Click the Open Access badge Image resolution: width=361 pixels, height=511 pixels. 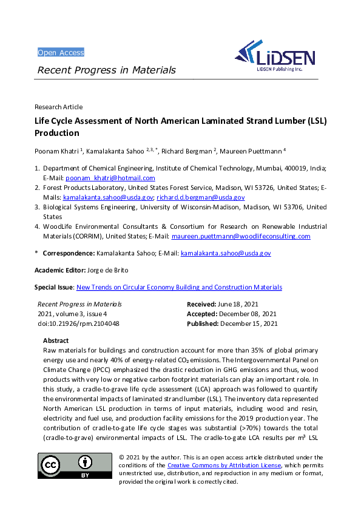tap(61, 52)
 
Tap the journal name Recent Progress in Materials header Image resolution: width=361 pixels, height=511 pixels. tap(107, 70)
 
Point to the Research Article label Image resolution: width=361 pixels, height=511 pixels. tap(59, 107)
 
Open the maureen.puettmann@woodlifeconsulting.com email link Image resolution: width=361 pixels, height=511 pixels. tap(241, 236)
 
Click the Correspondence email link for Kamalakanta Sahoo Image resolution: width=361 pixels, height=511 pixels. tap(226, 252)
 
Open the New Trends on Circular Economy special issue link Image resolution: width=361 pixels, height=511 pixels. tap(179, 287)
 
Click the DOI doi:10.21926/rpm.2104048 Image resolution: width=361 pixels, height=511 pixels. tap(78, 323)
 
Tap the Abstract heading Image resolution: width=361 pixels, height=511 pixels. tap(56, 340)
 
